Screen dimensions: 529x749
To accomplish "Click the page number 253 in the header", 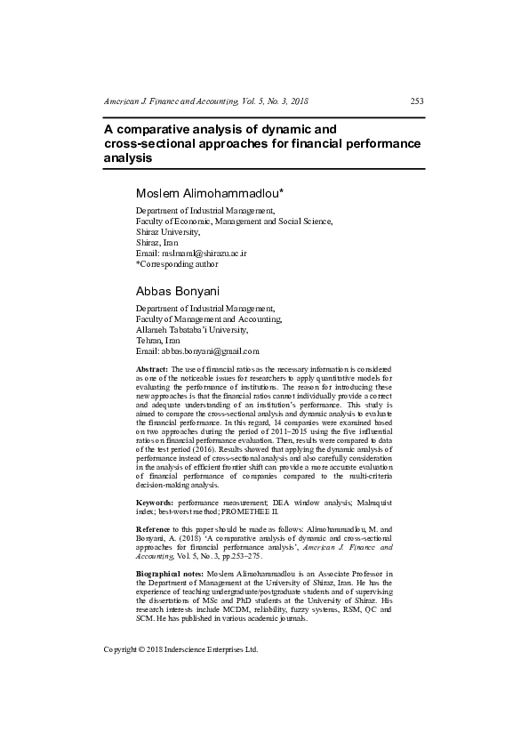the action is [416, 101].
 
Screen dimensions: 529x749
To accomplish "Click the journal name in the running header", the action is [205, 101].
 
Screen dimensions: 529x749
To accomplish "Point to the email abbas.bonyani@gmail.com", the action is [197, 351].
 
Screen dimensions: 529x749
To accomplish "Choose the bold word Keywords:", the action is [156, 502].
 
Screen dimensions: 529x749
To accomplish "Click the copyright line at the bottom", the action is [180, 649].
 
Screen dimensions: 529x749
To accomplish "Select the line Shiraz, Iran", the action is [156, 242].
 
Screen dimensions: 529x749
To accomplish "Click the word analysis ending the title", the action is [128, 157].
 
